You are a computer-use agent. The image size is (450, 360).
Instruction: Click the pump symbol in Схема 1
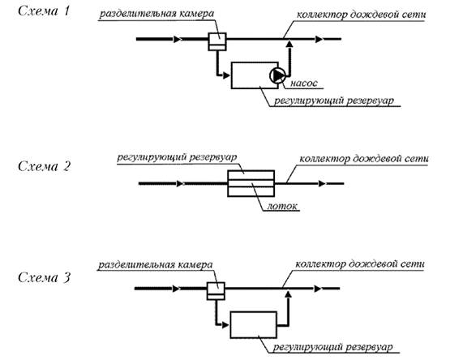(277, 75)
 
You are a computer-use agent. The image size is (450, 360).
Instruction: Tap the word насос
(304, 83)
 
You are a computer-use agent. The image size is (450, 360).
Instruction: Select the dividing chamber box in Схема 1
(217, 41)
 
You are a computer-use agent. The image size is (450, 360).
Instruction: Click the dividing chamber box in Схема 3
(216, 291)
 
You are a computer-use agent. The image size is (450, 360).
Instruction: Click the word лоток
(282, 206)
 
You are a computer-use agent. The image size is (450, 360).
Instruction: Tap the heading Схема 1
(44, 11)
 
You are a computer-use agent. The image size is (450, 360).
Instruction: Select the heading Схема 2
(44, 166)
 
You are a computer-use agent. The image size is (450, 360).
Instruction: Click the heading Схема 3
(44, 277)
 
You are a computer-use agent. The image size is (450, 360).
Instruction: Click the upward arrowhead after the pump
(289, 44)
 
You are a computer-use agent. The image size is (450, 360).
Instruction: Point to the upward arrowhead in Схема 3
(288, 294)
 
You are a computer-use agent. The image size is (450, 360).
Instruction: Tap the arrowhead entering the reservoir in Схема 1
(227, 75)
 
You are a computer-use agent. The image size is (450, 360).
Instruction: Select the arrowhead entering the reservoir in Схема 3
(225, 325)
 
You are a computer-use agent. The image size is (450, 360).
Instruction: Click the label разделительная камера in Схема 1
(156, 14)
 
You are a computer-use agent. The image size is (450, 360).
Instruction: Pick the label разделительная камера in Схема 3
(155, 264)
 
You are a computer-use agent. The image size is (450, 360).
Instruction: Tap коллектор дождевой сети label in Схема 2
(364, 159)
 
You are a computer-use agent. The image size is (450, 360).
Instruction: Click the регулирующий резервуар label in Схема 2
(177, 157)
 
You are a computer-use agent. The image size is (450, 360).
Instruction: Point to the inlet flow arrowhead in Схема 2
(180, 183)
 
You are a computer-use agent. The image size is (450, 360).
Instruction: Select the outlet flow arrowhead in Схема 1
(319, 39)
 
